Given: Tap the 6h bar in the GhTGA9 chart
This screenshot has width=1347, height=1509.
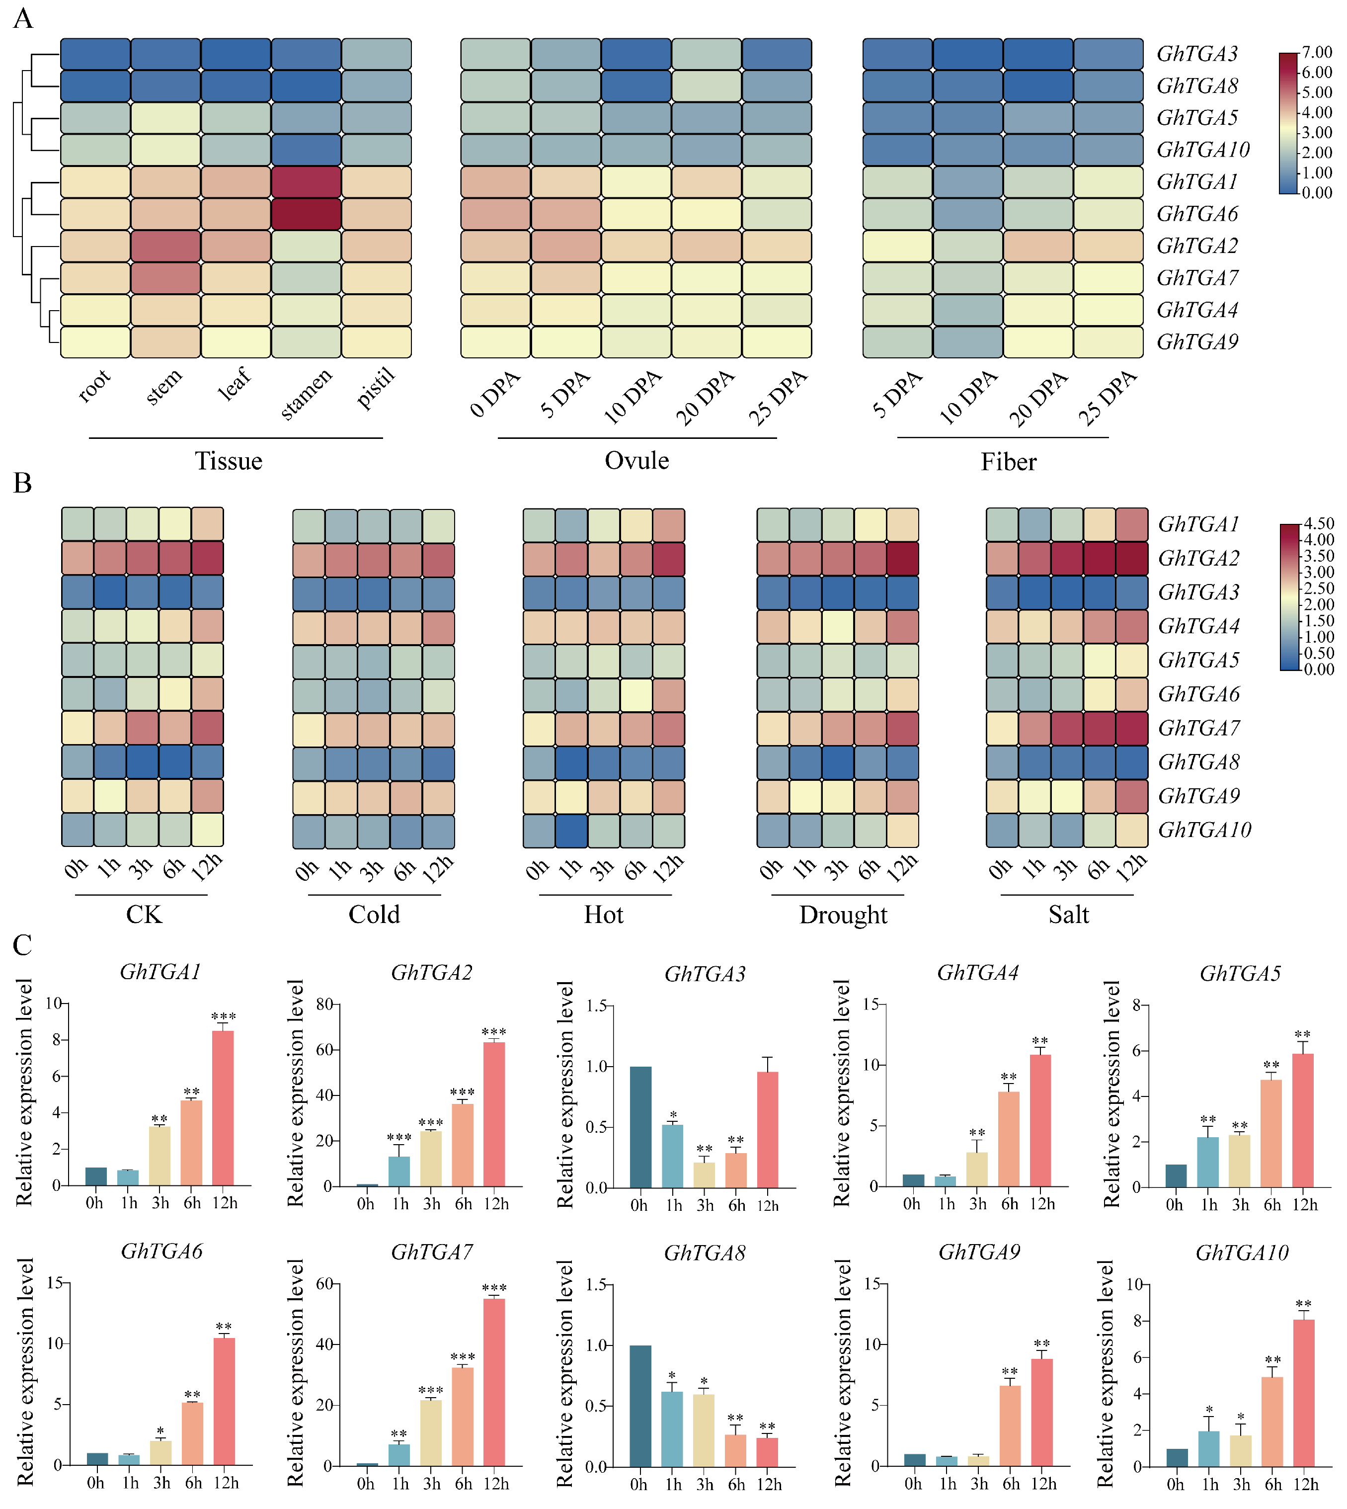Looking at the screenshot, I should coord(1010,1425).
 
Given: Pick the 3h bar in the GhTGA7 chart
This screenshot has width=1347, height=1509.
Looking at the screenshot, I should coord(431,1432).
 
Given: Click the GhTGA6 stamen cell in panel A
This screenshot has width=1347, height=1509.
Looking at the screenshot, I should coord(306,214).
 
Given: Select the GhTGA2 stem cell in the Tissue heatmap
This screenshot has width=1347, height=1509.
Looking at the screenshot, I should coord(166,246).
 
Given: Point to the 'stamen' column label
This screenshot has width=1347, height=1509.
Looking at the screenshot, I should coord(307,394).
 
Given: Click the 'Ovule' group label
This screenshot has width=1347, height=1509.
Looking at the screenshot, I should coord(636,461).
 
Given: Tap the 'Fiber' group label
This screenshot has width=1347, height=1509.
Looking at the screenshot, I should coord(1008,462).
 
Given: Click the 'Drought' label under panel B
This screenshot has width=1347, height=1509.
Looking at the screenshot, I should coord(843,915).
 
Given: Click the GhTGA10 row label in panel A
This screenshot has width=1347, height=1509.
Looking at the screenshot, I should coord(1203,150).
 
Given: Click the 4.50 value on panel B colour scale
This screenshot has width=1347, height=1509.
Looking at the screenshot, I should coord(1318,523).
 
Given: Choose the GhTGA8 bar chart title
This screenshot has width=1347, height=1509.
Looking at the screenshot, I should coord(704,1253).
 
